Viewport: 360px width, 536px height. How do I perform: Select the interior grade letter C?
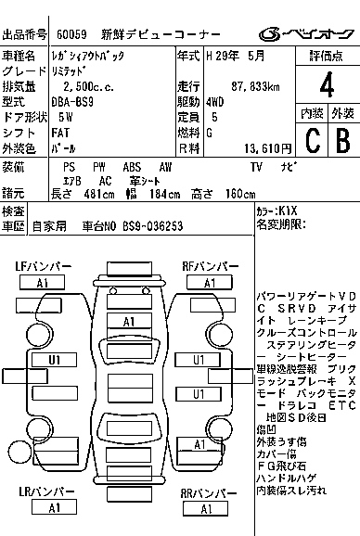click(312, 141)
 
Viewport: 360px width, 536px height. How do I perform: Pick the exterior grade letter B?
click(341, 141)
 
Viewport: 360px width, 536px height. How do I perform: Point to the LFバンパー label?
click(42, 267)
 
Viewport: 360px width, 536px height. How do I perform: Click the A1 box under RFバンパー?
click(211, 283)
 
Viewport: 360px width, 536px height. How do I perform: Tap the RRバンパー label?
click(211, 492)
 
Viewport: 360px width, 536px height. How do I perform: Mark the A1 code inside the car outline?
click(130, 321)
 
